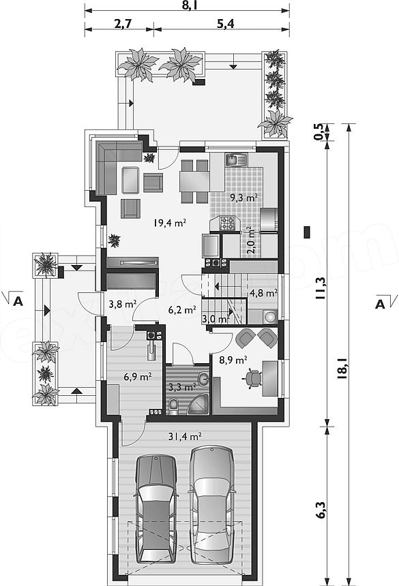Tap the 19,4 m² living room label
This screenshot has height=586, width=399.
pos(169,223)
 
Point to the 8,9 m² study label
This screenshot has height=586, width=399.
pos(233,360)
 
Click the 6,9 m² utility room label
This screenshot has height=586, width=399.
pos(138,376)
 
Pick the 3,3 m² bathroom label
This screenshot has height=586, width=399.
pos(183,387)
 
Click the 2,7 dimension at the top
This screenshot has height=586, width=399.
pos(123,25)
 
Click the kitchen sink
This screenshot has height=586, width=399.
pos(236,160)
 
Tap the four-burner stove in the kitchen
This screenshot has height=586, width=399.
pos(227,223)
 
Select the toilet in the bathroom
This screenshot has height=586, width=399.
pos(174,407)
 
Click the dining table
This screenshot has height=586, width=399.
pos(194,181)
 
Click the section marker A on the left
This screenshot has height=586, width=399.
pos(18,301)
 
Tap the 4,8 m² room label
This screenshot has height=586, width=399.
pos(263,292)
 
